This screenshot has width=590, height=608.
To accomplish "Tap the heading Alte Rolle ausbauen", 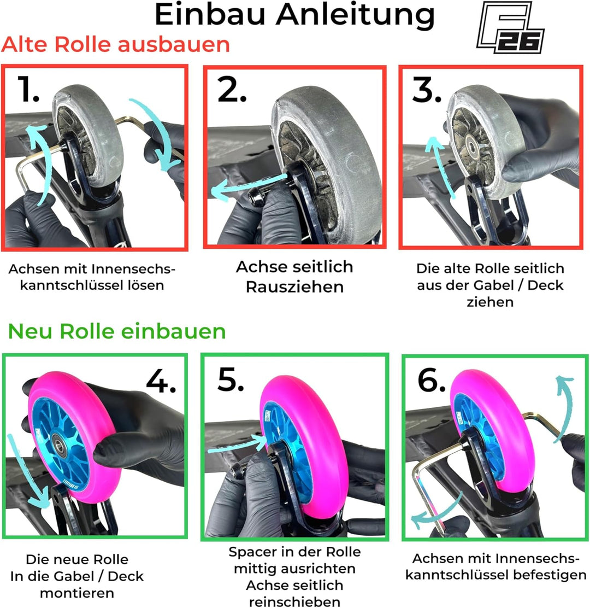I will [115, 44].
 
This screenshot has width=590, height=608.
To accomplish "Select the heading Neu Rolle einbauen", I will [116, 331].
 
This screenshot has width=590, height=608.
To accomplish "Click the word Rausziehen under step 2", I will [294, 287].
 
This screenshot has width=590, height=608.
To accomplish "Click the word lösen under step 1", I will [146, 285].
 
